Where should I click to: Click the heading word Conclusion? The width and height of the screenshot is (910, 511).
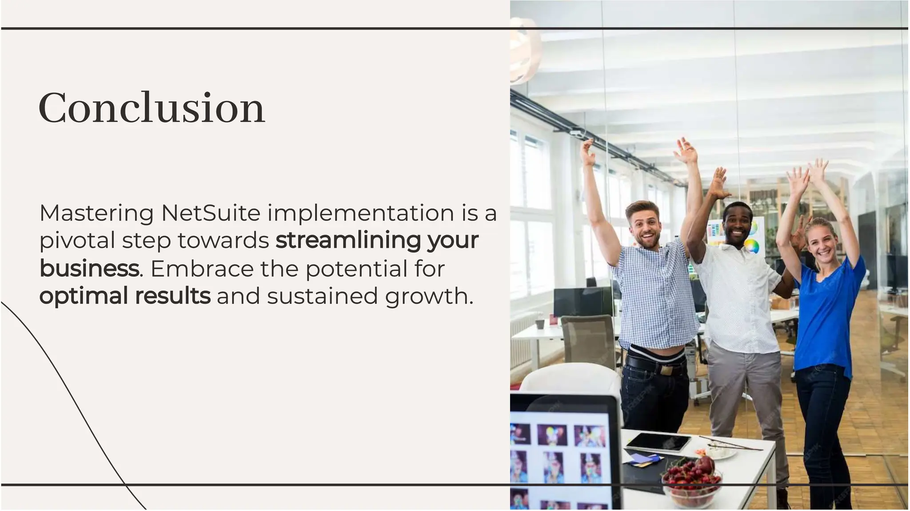pyautogui.click(x=152, y=108)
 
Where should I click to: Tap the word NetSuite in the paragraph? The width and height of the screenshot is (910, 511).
pyautogui.click(x=211, y=213)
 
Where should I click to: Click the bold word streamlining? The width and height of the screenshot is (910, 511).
pyautogui.click(x=347, y=240)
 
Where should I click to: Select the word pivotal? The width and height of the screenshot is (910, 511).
pyautogui.click(x=77, y=240)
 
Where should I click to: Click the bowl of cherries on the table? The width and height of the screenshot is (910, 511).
pyautogui.click(x=691, y=482)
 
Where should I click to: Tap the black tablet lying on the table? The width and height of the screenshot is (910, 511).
pyautogui.click(x=659, y=442)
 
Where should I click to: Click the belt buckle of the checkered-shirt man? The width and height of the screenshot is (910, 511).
pyautogui.click(x=667, y=369)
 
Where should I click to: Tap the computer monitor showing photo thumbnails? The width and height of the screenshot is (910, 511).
pyautogui.click(x=562, y=453)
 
